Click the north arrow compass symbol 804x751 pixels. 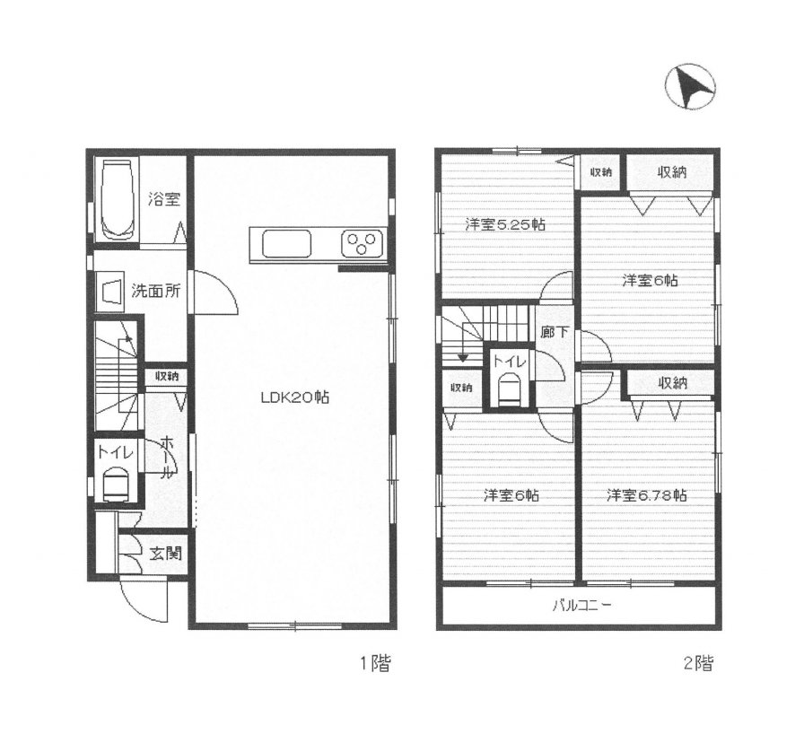[x=690, y=87]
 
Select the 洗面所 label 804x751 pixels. [x=156, y=291]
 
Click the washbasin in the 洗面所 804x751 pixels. [x=109, y=293]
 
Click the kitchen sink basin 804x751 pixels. [x=286, y=245]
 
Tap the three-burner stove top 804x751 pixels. [x=362, y=244]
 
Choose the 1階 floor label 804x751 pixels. [x=375, y=664]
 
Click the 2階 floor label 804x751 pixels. [x=698, y=664]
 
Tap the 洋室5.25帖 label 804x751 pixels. [x=505, y=224]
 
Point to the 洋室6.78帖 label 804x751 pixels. [x=647, y=495]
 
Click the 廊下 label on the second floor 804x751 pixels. [x=555, y=332]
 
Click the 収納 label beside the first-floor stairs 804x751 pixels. [x=167, y=376]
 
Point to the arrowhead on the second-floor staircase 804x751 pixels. [x=462, y=357]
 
